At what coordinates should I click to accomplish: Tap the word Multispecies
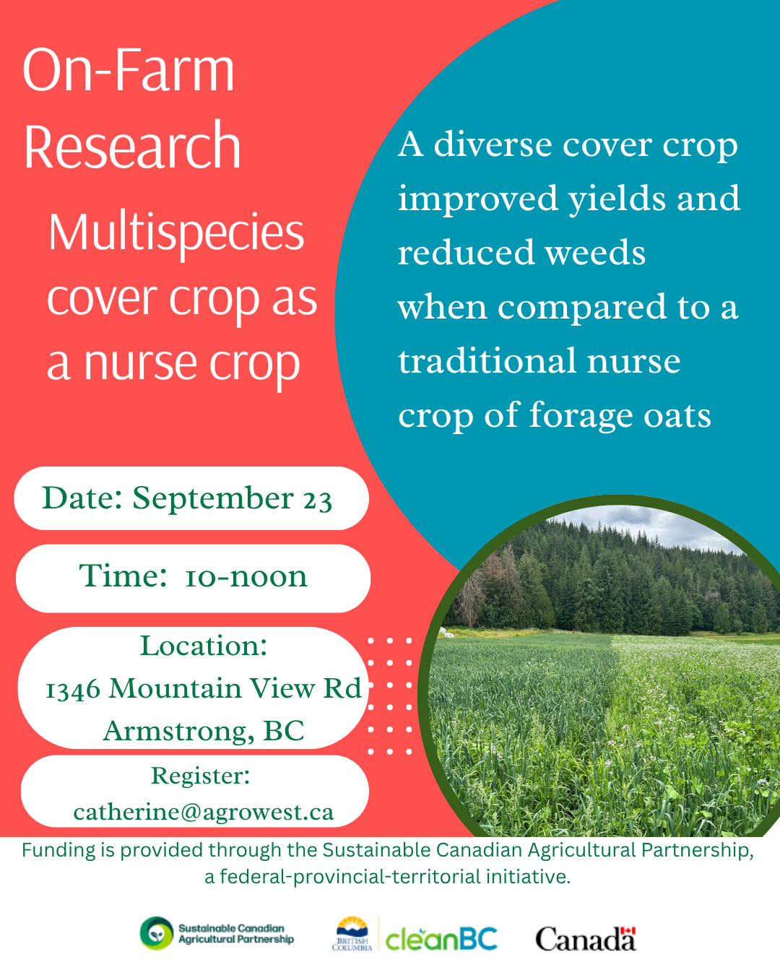(x=176, y=233)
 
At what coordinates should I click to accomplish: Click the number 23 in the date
(x=318, y=500)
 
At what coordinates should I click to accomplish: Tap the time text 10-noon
(x=246, y=577)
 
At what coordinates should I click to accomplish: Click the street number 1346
(x=72, y=690)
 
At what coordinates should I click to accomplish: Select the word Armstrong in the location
(x=178, y=731)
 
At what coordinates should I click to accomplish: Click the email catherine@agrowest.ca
(x=204, y=812)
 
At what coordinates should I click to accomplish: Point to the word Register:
(x=200, y=776)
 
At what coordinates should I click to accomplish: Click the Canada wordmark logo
(x=586, y=939)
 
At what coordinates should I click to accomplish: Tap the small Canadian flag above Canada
(x=628, y=931)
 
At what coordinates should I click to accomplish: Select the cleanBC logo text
(x=441, y=939)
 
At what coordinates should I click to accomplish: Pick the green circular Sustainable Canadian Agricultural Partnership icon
(x=157, y=933)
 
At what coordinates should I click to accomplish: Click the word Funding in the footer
(x=59, y=850)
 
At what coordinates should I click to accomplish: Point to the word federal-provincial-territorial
(x=350, y=877)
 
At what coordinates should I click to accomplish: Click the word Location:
(x=204, y=646)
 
